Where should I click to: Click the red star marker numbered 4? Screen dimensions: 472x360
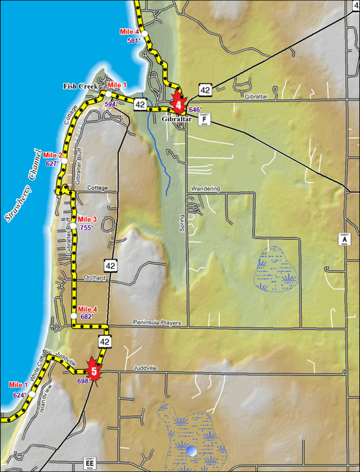click(178, 104)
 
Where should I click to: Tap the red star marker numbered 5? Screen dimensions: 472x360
click(94, 372)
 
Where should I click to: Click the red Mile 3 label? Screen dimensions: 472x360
click(87, 219)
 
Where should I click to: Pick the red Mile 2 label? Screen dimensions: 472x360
click(53, 155)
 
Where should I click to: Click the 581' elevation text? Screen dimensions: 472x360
click(133, 41)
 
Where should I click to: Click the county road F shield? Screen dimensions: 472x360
click(204, 119)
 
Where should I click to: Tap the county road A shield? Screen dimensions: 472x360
click(343, 239)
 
